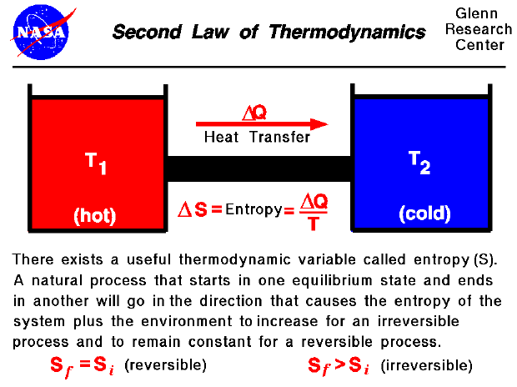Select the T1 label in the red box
point(97,163)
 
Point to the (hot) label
point(95,214)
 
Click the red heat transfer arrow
point(258,124)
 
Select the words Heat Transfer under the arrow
point(257,138)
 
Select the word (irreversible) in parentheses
point(426,364)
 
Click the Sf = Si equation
point(81,365)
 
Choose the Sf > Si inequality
point(340,365)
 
